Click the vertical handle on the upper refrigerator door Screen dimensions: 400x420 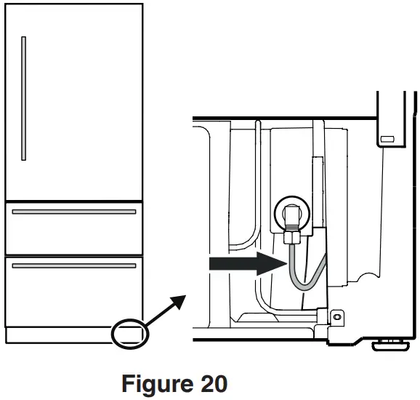pyautogui.click(x=24, y=97)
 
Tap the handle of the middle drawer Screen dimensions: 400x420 pyautogui.click(x=74, y=212)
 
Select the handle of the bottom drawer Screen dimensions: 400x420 pyautogui.click(x=74, y=266)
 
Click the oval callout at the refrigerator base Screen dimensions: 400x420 pyautogui.click(x=130, y=333)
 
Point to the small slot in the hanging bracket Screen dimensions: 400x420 pyautogui.click(x=387, y=138)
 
